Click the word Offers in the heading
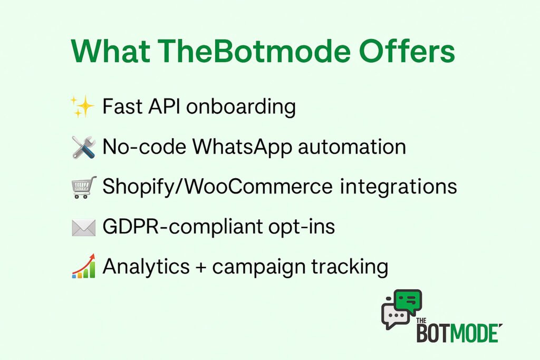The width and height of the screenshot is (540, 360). pyautogui.click(x=407, y=51)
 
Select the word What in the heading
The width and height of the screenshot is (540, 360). pyautogui.click(x=110, y=51)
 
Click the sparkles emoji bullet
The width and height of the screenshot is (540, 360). pyautogui.click(x=82, y=106)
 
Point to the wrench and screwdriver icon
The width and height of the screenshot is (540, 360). pyautogui.click(x=84, y=147)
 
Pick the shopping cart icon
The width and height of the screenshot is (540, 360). pyautogui.click(x=84, y=187)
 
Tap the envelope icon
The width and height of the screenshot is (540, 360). pyautogui.click(x=84, y=228)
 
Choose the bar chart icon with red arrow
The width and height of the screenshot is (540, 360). pyautogui.click(x=84, y=266)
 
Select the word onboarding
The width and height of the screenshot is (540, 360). pyautogui.click(x=241, y=106)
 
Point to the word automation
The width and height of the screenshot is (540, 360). pyautogui.click(x=352, y=147)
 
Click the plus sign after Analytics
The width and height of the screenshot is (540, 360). pyautogui.click(x=201, y=267)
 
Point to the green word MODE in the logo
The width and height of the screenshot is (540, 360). pyautogui.click(x=475, y=333)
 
